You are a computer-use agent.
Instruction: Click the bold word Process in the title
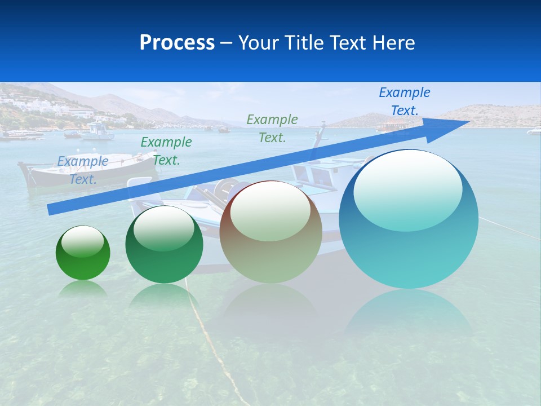(x=177, y=43)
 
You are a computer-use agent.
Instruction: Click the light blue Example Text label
(x=83, y=170)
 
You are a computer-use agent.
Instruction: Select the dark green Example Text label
(x=166, y=151)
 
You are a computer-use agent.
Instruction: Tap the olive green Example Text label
(x=272, y=128)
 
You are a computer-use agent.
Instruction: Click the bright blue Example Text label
(x=404, y=101)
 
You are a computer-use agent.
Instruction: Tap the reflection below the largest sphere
(x=409, y=316)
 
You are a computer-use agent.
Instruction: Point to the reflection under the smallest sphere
(x=83, y=289)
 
